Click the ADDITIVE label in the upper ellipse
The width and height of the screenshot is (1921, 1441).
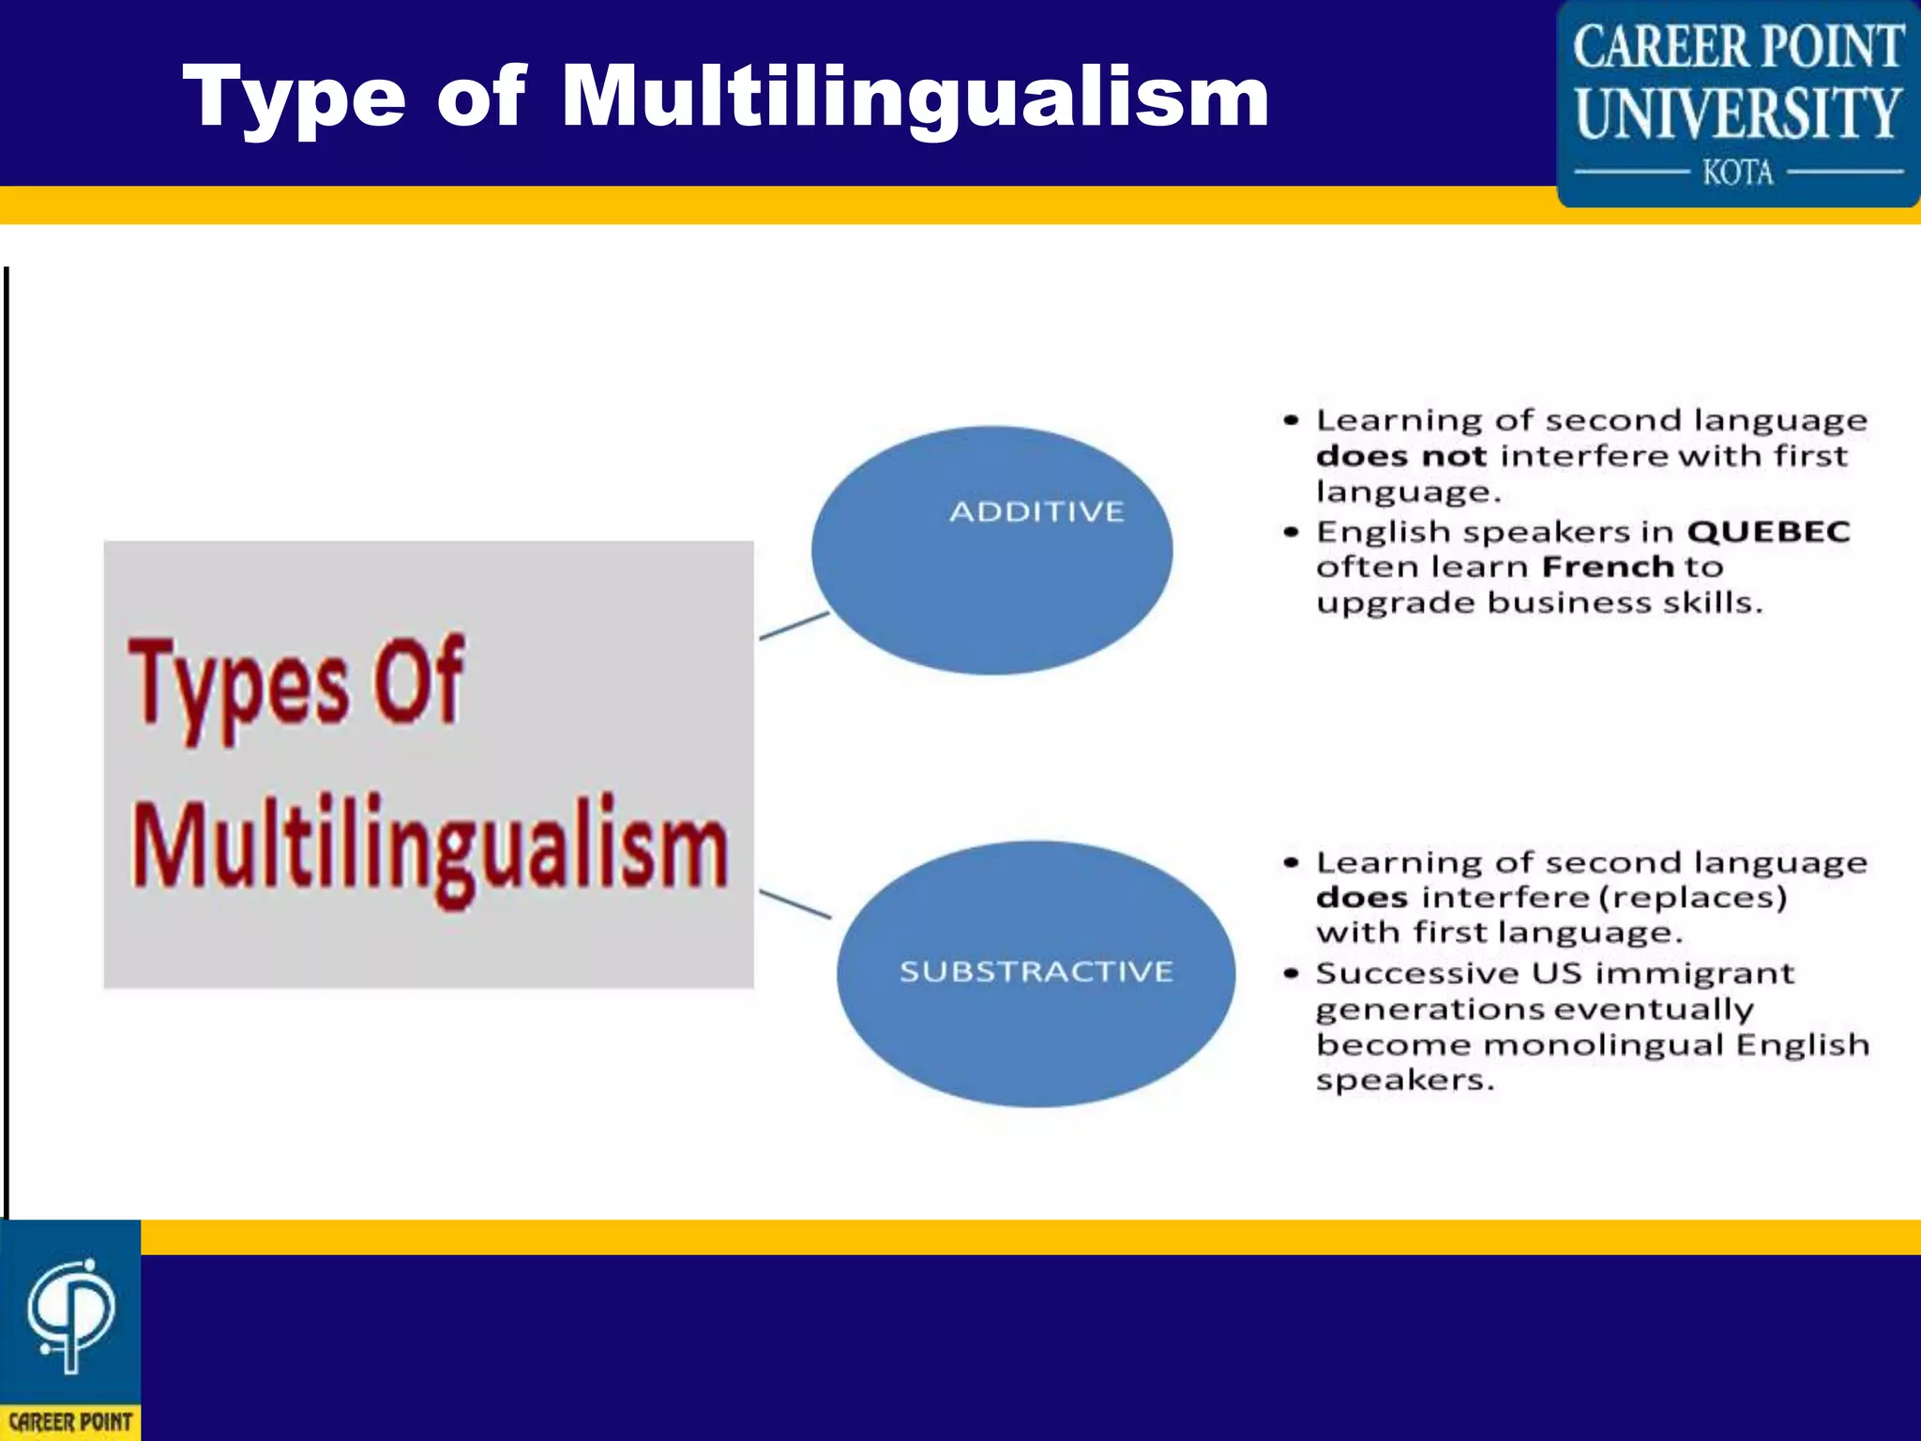coord(1036,512)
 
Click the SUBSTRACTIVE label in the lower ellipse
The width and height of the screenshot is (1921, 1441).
coord(1036,971)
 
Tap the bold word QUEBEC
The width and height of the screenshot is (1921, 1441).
coord(1768,532)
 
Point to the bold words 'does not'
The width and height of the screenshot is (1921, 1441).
coord(1400,457)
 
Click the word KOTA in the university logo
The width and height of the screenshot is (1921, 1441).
coord(1738,173)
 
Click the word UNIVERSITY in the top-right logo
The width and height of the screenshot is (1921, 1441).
coord(1738,114)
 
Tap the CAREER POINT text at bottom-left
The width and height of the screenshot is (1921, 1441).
coord(70,1422)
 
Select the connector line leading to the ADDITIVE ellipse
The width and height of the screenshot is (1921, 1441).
coord(794,626)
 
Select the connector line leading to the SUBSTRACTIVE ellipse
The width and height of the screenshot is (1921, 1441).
coord(794,904)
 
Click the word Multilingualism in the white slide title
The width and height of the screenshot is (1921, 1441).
coord(915,97)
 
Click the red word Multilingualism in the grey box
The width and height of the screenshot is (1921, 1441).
coord(430,847)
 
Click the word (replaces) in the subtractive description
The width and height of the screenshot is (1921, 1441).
coord(1692,898)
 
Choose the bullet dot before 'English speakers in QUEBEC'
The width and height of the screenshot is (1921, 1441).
coord(1292,532)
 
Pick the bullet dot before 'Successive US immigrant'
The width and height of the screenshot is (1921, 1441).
coord(1292,974)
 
